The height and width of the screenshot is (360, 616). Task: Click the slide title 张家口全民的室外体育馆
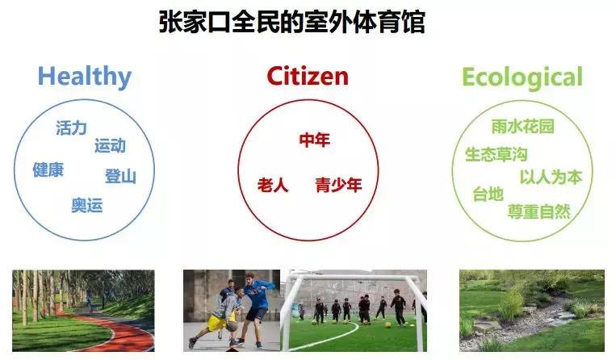pyautogui.click(x=291, y=21)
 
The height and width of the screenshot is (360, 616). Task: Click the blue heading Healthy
pyautogui.click(x=84, y=77)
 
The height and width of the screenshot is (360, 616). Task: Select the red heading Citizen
pyautogui.click(x=308, y=77)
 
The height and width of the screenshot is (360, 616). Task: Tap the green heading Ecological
pyautogui.click(x=522, y=77)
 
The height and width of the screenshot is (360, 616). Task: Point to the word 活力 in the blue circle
pyautogui.click(x=71, y=128)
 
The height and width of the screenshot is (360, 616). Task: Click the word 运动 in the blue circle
pyautogui.click(x=110, y=146)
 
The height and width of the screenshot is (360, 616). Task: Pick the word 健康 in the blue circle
pyautogui.click(x=48, y=170)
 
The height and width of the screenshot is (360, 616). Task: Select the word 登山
pyautogui.click(x=120, y=177)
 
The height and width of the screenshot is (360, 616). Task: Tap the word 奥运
pyautogui.click(x=87, y=205)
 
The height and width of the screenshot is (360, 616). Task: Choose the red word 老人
pyautogui.click(x=273, y=185)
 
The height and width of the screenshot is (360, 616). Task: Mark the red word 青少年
pyautogui.click(x=338, y=185)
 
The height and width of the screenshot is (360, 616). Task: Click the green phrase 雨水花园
pyautogui.click(x=522, y=127)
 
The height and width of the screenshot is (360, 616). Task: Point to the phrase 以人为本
pyautogui.click(x=551, y=178)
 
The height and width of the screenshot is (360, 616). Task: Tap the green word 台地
pyautogui.click(x=488, y=195)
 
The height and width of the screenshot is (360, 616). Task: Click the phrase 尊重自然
pyautogui.click(x=539, y=211)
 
